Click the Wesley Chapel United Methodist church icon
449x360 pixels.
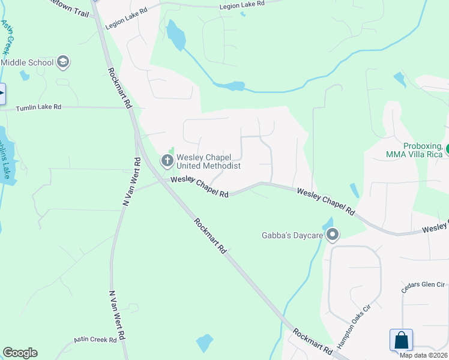click(x=167, y=160)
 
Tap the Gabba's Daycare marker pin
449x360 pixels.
click(x=333, y=235)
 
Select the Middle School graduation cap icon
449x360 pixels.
click(x=63, y=62)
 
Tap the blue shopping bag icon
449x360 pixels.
click(x=401, y=340)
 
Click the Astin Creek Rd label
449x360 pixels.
click(x=95, y=340)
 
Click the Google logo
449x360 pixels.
click(x=20, y=353)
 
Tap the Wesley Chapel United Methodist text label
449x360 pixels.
click(x=208, y=161)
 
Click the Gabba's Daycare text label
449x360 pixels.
click(x=292, y=235)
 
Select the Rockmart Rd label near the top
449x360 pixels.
click(x=119, y=88)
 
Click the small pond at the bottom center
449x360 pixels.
click(x=205, y=343)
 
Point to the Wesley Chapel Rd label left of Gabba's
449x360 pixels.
click(x=199, y=187)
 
